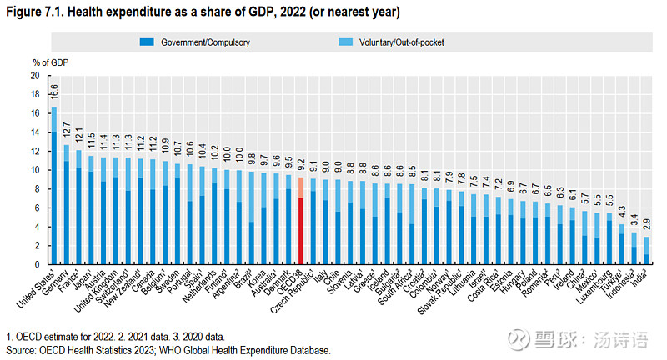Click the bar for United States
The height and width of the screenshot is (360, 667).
(x=54, y=186)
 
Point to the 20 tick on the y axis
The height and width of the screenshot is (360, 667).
(x=35, y=75)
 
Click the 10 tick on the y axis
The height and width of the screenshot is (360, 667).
(x=35, y=170)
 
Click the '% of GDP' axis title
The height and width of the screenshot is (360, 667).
(x=50, y=62)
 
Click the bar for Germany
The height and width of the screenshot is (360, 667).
(x=67, y=204)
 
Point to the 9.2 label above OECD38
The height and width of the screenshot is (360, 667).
(x=300, y=163)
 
